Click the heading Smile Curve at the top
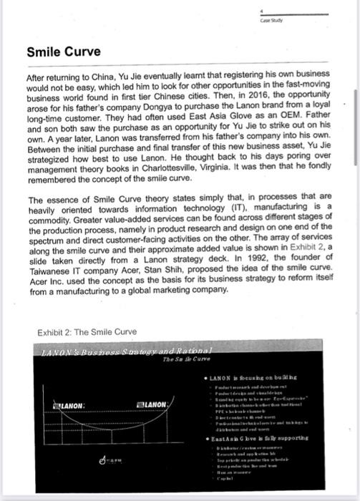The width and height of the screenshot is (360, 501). tap(64, 52)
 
